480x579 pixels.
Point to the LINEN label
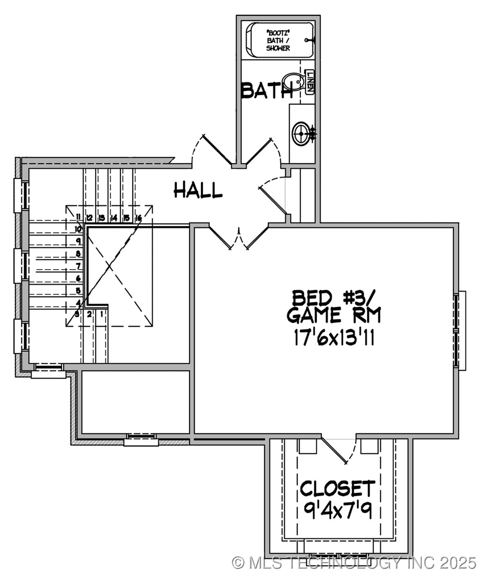310,82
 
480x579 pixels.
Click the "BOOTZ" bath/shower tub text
278,41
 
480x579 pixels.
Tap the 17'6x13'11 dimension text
334,338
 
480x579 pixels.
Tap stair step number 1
102,314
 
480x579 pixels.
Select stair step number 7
78,266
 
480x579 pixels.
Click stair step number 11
78,217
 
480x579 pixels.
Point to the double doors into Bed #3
239,237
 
